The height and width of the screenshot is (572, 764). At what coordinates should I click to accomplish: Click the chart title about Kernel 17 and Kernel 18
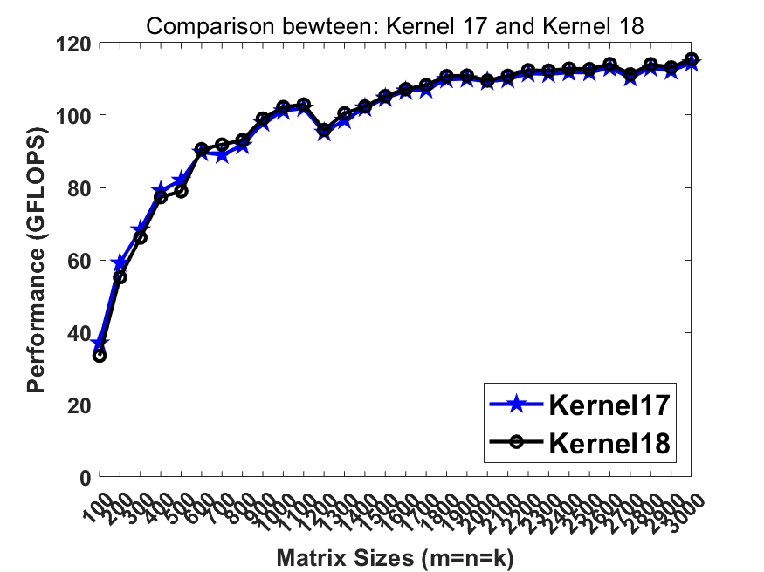pyautogui.click(x=395, y=26)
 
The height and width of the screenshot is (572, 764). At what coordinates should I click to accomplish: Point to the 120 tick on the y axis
pyautogui.click(x=76, y=43)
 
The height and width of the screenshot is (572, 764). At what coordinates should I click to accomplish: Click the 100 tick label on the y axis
pyautogui.click(x=76, y=115)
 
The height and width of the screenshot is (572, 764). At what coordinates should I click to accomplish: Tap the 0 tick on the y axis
pyautogui.click(x=85, y=477)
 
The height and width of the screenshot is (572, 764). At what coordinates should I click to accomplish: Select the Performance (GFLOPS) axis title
pyautogui.click(x=36, y=260)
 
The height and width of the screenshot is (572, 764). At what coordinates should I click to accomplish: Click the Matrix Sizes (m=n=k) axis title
pyautogui.click(x=395, y=557)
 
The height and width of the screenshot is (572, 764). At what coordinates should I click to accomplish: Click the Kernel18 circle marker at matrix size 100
pyautogui.click(x=100, y=356)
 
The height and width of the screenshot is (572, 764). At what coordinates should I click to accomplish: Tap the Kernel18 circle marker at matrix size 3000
pyautogui.click(x=692, y=59)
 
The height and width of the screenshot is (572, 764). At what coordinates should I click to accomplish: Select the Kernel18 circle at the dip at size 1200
pyautogui.click(x=324, y=130)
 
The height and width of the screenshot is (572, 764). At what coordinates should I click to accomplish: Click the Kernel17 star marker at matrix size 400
pyautogui.click(x=161, y=191)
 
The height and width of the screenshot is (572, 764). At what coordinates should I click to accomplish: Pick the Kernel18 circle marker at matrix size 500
pyautogui.click(x=181, y=191)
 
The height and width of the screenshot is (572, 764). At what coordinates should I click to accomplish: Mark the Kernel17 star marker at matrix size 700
pyautogui.click(x=222, y=155)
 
